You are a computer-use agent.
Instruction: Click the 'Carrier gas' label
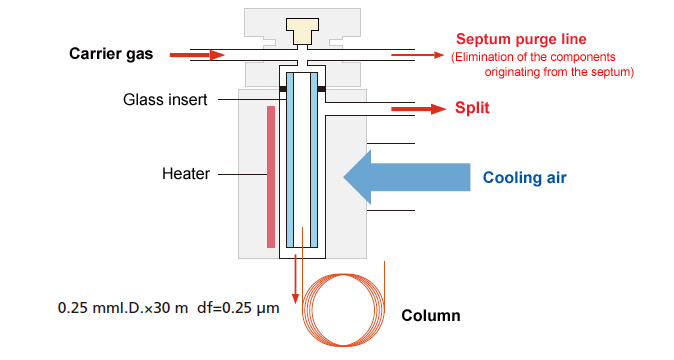tap(111, 53)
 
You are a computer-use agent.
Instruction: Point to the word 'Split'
tap(473, 108)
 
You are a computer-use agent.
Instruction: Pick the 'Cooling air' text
tap(525, 179)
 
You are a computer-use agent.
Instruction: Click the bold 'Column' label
tap(431, 316)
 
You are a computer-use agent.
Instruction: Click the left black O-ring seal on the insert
tap(283, 90)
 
